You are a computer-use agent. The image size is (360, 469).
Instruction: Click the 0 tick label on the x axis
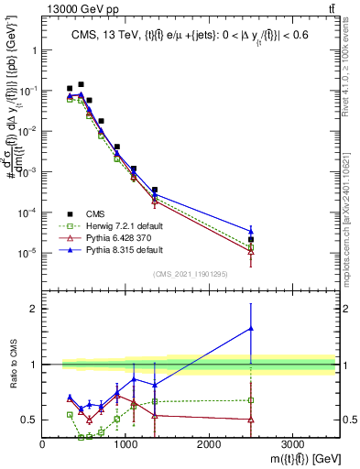tap(43, 444)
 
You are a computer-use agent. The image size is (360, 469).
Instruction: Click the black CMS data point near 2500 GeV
tap(251, 239)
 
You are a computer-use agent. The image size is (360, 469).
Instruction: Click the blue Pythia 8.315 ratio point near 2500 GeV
tap(251, 328)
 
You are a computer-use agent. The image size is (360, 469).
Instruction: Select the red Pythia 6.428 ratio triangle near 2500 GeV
tap(251, 420)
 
